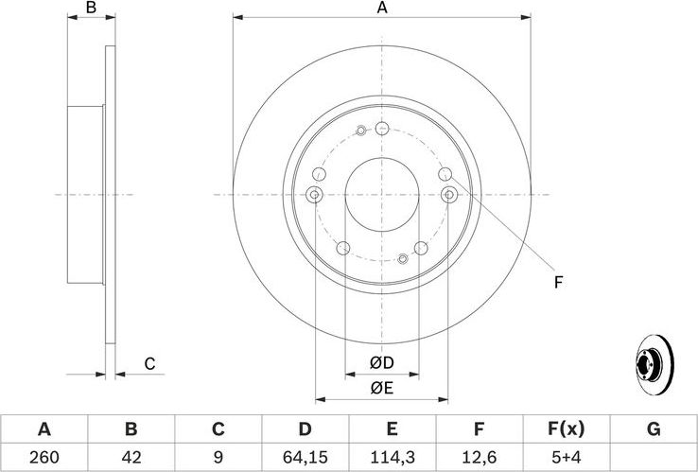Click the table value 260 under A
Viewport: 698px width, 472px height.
pyautogui.click(x=44, y=457)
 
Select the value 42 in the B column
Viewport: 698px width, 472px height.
pyautogui.click(x=131, y=457)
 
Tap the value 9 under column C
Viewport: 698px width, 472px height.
pyautogui.click(x=218, y=457)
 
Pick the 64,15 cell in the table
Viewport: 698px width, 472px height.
pyautogui.click(x=305, y=457)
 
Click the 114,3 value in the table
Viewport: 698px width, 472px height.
pyautogui.click(x=393, y=457)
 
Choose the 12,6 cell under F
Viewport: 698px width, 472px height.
pyautogui.click(x=479, y=457)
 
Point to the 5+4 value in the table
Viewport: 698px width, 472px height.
pyautogui.click(x=566, y=457)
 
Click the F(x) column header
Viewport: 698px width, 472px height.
pyautogui.click(x=566, y=428)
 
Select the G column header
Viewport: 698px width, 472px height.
pyautogui.click(x=653, y=428)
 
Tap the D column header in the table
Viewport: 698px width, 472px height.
pyautogui.click(x=305, y=428)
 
